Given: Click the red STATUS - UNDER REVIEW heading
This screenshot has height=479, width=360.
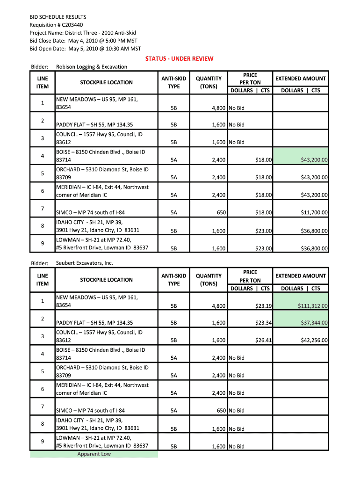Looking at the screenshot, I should tap(179, 58).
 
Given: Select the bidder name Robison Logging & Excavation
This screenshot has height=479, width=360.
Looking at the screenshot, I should tap(92, 67).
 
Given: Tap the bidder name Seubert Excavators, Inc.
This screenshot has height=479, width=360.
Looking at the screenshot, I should tap(85, 263).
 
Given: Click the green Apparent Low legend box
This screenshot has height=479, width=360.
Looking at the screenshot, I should tap(94, 454).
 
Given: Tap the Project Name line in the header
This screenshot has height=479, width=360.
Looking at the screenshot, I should tap(83, 33).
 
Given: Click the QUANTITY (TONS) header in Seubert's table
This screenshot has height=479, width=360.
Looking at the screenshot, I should tap(209, 280).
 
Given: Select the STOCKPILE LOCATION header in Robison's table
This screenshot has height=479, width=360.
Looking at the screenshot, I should tap(106, 82).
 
